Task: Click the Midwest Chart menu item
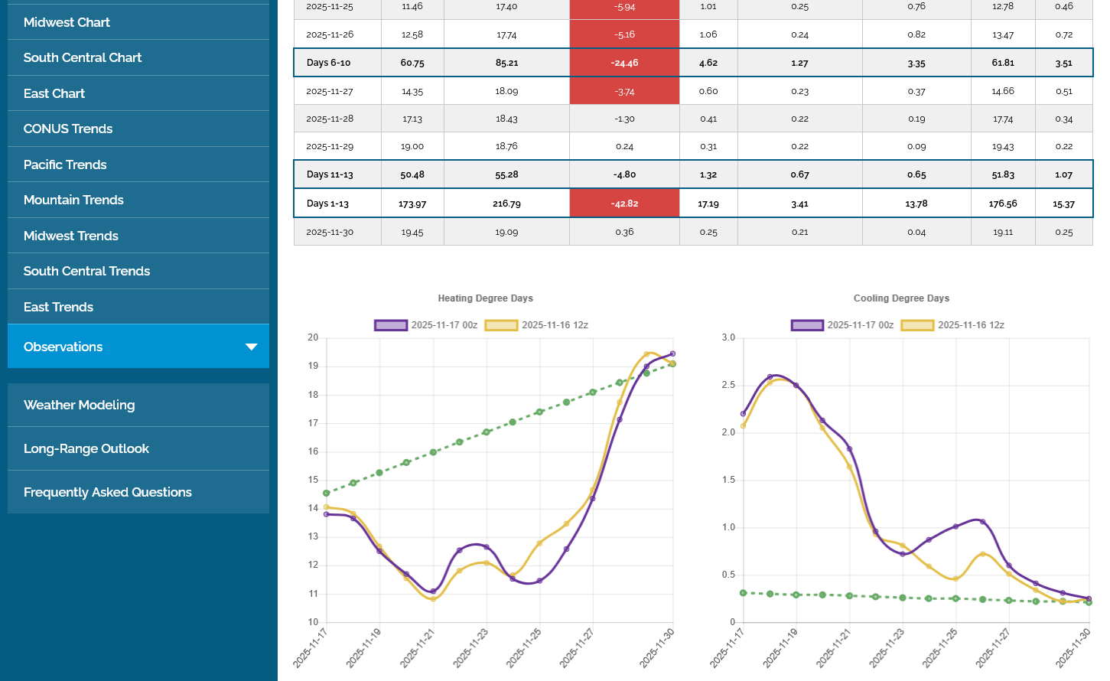coord(67,22)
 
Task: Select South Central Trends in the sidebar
coord(86,271)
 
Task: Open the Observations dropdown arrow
coord(251,347)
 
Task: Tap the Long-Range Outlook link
coord(86,448)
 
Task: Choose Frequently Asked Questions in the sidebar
coord(107,492)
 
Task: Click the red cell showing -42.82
coord(624,204)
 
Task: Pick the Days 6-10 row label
coord(328,63)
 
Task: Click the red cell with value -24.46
coord(624,63)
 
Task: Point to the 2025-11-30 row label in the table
coord(330,232)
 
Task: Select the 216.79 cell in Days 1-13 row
coord(506,204)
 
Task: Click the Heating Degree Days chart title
coord(485,298)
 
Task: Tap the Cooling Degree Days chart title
coord(901,298)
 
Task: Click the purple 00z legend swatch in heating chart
coord(390,325)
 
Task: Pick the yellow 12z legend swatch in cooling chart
coord(917,325)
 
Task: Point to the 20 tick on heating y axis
coord(313,337)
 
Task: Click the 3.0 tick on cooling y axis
coord(728,337)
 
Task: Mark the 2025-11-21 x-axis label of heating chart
coord(418,647)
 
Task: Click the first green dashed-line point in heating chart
coord(327,494)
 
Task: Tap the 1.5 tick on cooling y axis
coord(728,480)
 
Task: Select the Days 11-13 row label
coord(330,174)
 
